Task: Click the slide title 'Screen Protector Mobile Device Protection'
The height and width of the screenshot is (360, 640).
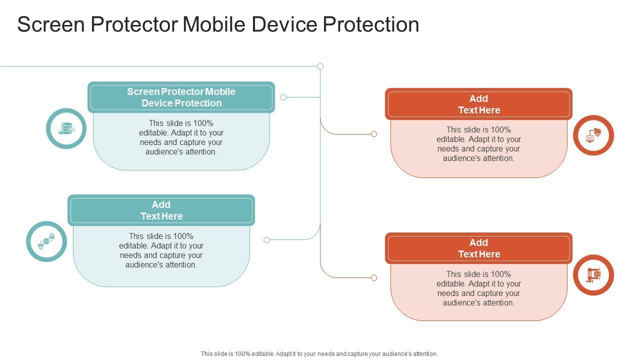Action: click(x=218, y=24)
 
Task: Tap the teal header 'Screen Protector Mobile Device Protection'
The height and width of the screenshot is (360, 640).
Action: click(x=181, y=97)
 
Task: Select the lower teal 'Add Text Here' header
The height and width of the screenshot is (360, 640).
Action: click(x=161, y=210)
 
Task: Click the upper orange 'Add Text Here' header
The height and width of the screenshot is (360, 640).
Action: click(x=478, y=104)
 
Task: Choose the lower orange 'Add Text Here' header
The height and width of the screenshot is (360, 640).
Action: click(x=478, y=248)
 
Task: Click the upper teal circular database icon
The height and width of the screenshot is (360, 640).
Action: click(x=66, y=128)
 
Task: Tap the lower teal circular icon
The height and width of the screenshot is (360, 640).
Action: click(x=46, y=241)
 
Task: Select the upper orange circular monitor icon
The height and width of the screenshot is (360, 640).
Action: click(x=593, y=135)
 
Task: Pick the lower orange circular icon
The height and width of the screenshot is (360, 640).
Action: click(x=593, y=274)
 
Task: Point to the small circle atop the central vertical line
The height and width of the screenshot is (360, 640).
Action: click(x=320, y=66)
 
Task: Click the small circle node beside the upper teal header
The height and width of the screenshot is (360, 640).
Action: click(x=283, y=97)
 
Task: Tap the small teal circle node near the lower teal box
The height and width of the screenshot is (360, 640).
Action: click(x=266, y=240)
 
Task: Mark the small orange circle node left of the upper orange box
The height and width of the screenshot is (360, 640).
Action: click(x=374, y=134)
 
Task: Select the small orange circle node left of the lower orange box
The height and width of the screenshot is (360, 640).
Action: click(x=374, y=277)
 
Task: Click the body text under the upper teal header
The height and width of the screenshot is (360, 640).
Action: click(x=181, y=137)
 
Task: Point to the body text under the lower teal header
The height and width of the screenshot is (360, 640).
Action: click(x=161, y=250)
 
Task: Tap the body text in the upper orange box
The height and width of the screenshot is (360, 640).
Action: click(x=478, y=144)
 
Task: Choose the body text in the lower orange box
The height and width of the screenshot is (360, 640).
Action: click(x=478, y=288)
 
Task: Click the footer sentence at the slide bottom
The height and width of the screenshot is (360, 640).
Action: click(x=319, y=353)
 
